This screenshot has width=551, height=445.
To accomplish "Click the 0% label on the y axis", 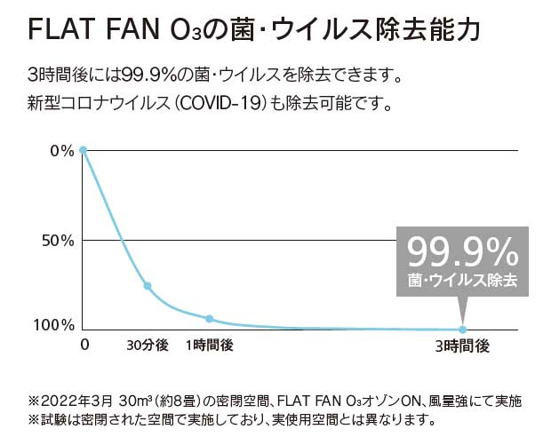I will coord(62,150).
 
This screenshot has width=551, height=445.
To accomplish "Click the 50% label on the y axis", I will coord(59,241).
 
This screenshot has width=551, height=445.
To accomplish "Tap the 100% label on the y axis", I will coord(55,326).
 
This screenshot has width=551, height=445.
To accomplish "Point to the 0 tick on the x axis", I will coord(84,345).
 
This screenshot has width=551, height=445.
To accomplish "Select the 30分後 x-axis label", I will coord(147,345).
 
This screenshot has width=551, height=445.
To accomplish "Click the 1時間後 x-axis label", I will coord(209,345).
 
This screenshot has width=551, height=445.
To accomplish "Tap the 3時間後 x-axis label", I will coord(462,345).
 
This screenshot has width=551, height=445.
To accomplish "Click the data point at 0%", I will coord(83,150).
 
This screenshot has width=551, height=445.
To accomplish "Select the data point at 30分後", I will coord(148,286).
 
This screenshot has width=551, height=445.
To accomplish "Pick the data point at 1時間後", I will coord(209,318).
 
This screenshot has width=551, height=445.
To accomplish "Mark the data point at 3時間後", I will coord(462,330).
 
